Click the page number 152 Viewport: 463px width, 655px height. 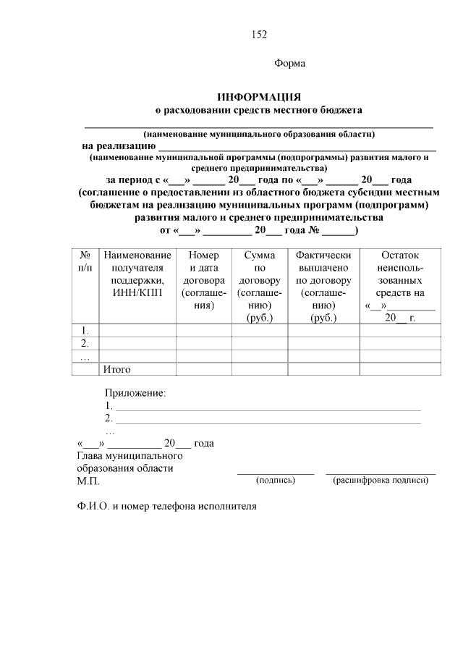[x=260, y=34]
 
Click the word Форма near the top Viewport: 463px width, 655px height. [x=289, y=64]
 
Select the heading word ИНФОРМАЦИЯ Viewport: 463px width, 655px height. [x=259, y=97]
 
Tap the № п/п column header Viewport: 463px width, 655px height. [x=85, y=262]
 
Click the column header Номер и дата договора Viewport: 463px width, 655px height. [x=203, y=280]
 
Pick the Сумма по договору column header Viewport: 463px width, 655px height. [x=259, y=287]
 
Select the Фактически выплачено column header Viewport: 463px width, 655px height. [x=323, y=287]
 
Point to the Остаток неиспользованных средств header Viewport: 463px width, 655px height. [x=400, y=287]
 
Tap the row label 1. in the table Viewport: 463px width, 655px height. [x=85, y=331]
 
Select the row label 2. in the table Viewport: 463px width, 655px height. [x=85, y=343]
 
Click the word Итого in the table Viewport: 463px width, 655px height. [x=116, y=369]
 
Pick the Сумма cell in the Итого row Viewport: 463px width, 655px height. [x=259, y=369]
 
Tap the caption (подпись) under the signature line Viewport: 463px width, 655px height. [x=276, y=480]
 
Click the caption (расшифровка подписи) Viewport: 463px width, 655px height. [x=381, y=480]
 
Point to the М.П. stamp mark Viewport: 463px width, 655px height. [x=88, y=481]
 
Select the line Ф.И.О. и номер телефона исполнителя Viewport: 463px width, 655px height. [x=167, y=507]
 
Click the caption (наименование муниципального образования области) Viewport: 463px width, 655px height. [x=259, y=134]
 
